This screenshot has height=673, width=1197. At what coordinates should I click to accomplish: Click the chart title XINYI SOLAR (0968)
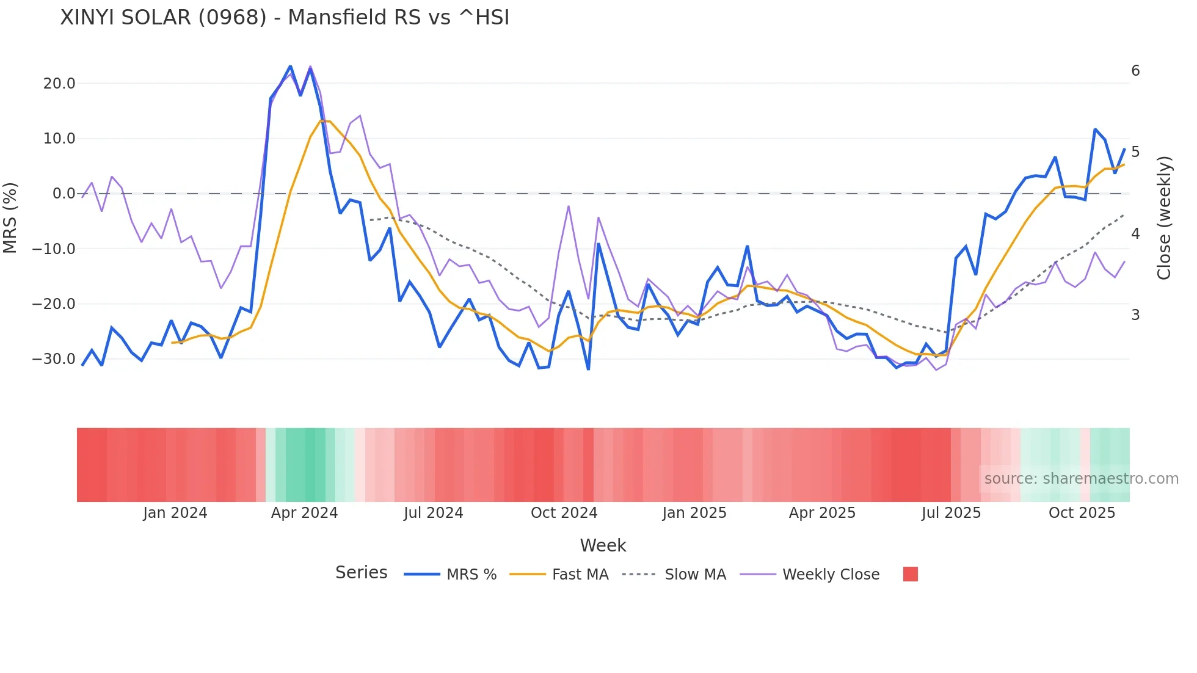285,18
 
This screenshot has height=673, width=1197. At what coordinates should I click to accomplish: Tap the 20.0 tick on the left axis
59,84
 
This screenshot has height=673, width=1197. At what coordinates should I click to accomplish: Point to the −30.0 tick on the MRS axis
54,359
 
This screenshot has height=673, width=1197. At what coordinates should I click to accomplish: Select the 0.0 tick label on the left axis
64,194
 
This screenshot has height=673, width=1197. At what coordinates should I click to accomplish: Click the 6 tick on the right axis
1135,71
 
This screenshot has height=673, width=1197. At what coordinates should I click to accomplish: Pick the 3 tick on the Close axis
1135,315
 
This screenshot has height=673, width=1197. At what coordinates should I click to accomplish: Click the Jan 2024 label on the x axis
175,513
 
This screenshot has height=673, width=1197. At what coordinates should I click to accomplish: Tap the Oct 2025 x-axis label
1082,513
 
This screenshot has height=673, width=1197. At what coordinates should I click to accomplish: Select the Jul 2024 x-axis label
433,513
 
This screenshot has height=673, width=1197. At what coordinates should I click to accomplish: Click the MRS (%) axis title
10,218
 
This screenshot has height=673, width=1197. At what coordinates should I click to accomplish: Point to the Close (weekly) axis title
1164,218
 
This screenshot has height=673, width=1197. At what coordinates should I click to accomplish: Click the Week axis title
603,545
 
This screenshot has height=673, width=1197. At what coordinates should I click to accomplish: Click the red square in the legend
910,574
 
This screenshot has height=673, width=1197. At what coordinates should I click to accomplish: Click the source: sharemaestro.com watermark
1081,479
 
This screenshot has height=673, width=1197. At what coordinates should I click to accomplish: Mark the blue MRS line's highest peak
290,67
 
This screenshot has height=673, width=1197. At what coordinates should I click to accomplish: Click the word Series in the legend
361,573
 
